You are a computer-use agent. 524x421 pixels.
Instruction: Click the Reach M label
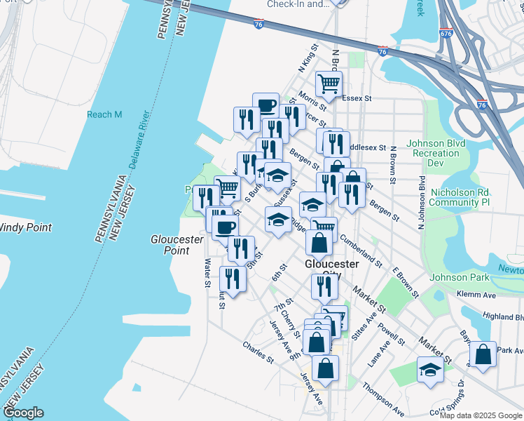[x=104, y=114]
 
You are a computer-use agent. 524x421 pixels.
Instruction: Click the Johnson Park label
[x=460, y=277]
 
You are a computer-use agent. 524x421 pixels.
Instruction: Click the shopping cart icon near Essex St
[x=329, y=84]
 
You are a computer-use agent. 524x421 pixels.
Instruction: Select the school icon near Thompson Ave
[x=429, y=369]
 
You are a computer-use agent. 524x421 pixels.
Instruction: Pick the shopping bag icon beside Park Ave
[x=483, y=354]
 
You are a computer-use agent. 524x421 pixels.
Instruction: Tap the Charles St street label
[x=258, y=353]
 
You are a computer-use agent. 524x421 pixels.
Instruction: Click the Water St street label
[x=207, y=274]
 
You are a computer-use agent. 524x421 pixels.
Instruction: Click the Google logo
[x=24, y=413]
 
